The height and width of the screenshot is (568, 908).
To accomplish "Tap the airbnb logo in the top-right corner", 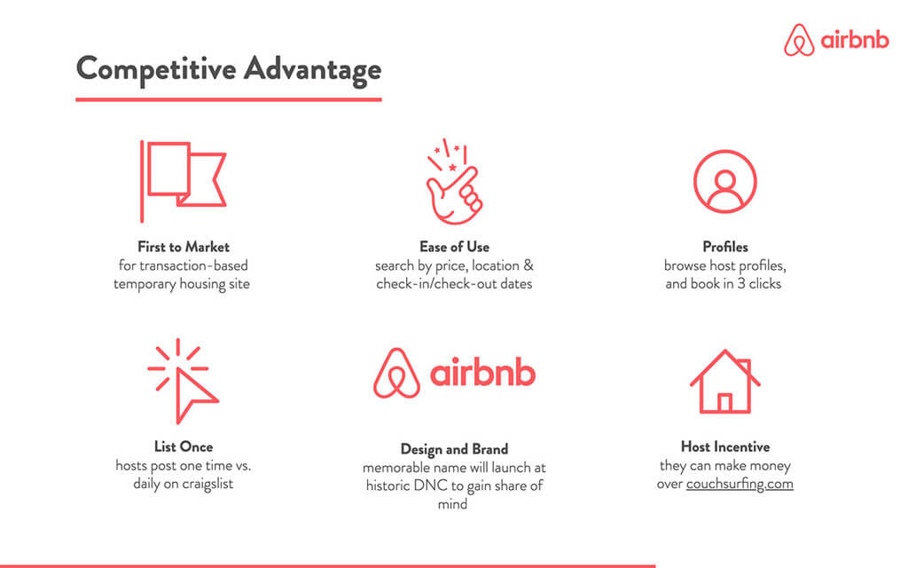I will (x=836, y=41).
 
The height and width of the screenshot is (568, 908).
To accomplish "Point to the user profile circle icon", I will (x=724, y=181).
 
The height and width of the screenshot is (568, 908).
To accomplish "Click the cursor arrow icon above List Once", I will (x=184, y=381).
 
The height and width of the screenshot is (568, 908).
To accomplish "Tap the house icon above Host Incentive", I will (x=724, y=381).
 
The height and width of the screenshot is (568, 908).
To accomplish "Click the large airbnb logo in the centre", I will (x=454, y=373).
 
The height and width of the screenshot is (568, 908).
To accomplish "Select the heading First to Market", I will (x=184, y=247).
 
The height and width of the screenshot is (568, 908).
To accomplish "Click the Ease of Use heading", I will (x=454, y=247).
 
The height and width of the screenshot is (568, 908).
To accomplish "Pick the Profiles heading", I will (x=724, y=247).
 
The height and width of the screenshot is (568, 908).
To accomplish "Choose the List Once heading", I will (x=184, y=446).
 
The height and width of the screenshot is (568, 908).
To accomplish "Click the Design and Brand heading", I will (x=454, y=448).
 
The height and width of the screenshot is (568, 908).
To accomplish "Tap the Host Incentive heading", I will (x=724, y=446).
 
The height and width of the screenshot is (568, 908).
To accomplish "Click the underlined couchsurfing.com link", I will (x=740, y=485).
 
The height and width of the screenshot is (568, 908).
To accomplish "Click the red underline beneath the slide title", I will (x=229, y=99).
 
